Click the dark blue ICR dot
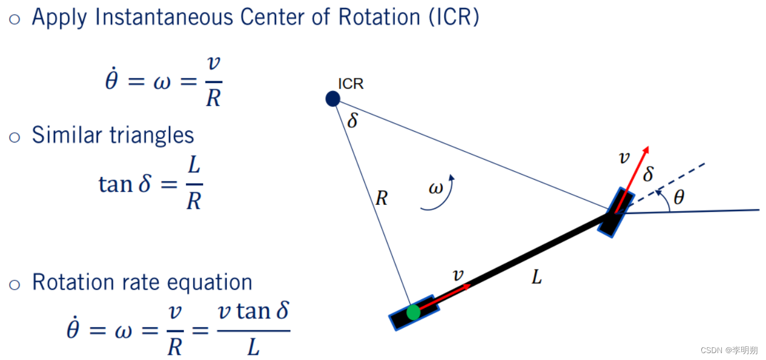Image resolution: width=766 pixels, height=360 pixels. pos(333,99)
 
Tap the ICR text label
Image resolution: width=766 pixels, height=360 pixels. pos(350,84)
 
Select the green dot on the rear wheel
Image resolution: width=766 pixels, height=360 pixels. pos(413,312)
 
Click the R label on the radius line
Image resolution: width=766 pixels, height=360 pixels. pos(381,199)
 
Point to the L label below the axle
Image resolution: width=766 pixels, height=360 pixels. pos(536,278)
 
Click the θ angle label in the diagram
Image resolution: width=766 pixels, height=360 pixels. pos(678,198)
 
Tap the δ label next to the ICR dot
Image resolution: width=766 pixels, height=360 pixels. pos(353,121)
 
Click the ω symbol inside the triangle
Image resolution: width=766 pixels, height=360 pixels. pos(435,188)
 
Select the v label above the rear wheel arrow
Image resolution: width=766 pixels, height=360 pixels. pos(458,275)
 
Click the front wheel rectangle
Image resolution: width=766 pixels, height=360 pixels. pos(616,212)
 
